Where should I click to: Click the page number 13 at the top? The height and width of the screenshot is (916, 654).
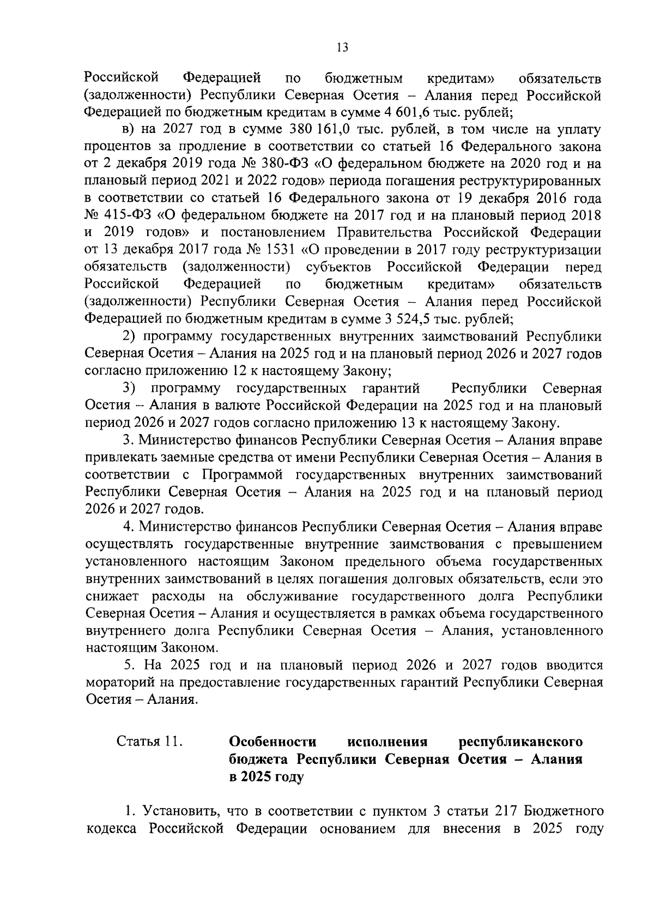point(342,47)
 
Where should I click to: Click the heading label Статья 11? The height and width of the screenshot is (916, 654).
point(148,742)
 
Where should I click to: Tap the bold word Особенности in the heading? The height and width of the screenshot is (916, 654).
point(273,742)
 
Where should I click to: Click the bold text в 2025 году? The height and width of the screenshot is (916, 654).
point(265,777)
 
